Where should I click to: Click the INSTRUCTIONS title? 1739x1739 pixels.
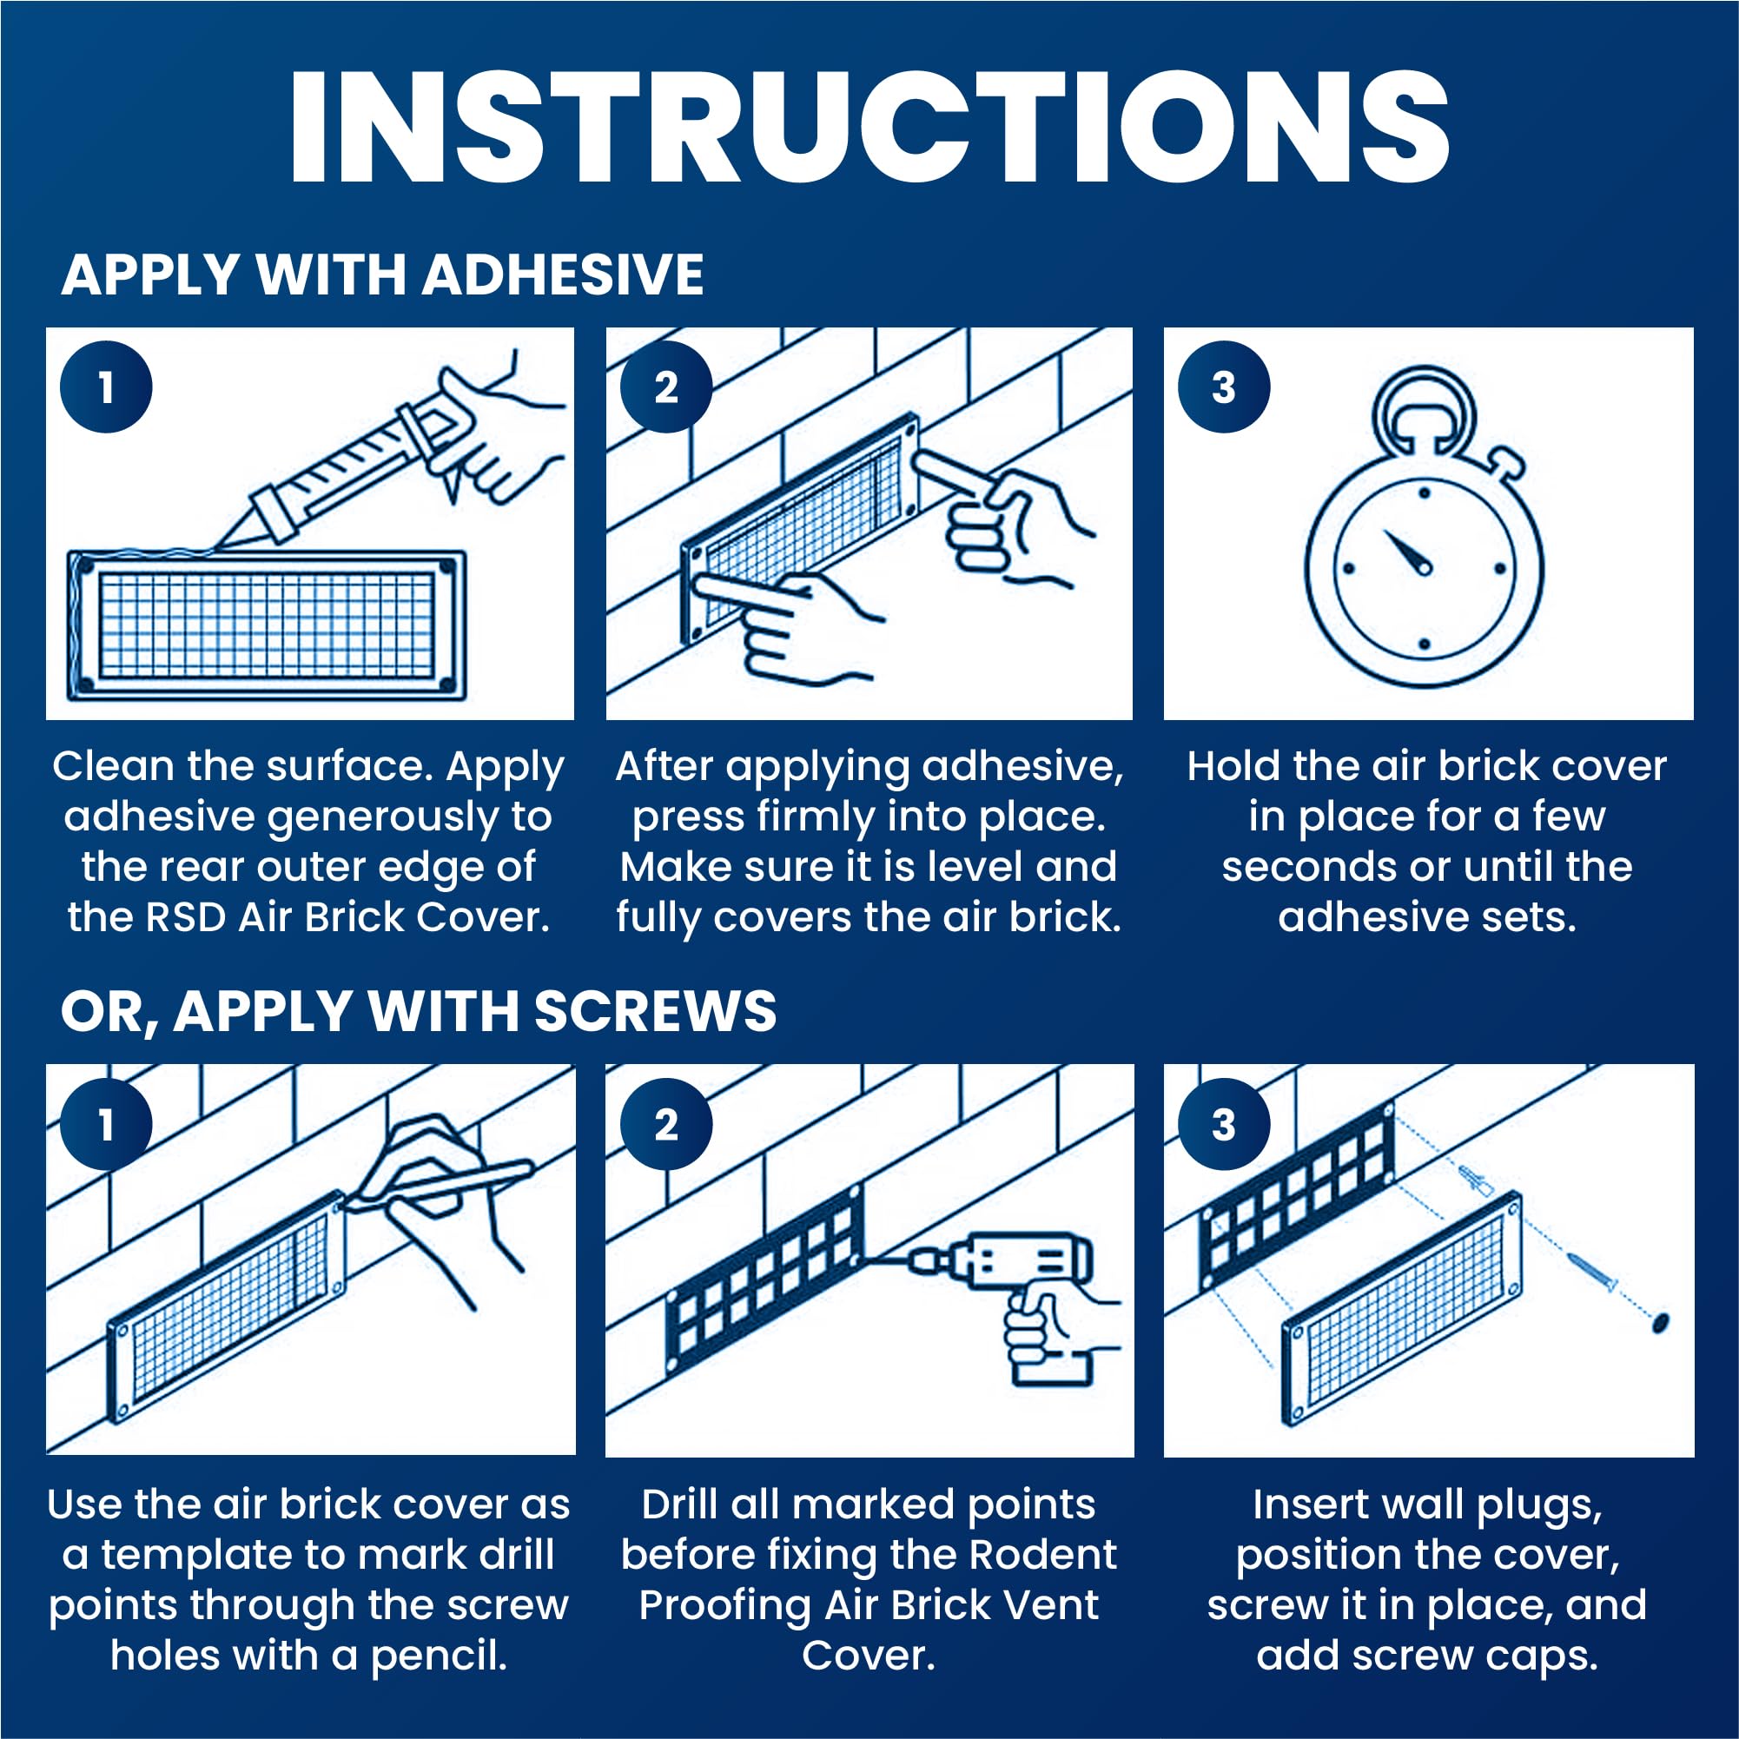tap(869, 127)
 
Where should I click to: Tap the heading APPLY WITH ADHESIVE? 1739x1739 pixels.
tap(382, 274)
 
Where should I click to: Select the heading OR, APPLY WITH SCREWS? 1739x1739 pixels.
tap(419, 1011)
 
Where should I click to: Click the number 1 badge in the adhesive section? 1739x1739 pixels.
tap(106, 387)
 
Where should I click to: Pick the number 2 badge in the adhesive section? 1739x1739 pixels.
tap(666, 387)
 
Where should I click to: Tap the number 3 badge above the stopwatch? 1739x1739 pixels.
tap(1224, 387)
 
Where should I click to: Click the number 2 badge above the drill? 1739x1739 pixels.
tap(666, 1124)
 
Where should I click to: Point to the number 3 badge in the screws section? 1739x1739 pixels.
tap(1224, 1124)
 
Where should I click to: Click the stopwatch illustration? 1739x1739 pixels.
tap(1424, 527)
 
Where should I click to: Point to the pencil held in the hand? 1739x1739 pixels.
tap(441, 1186)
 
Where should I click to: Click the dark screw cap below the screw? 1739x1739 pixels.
tap(1660, 1321)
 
